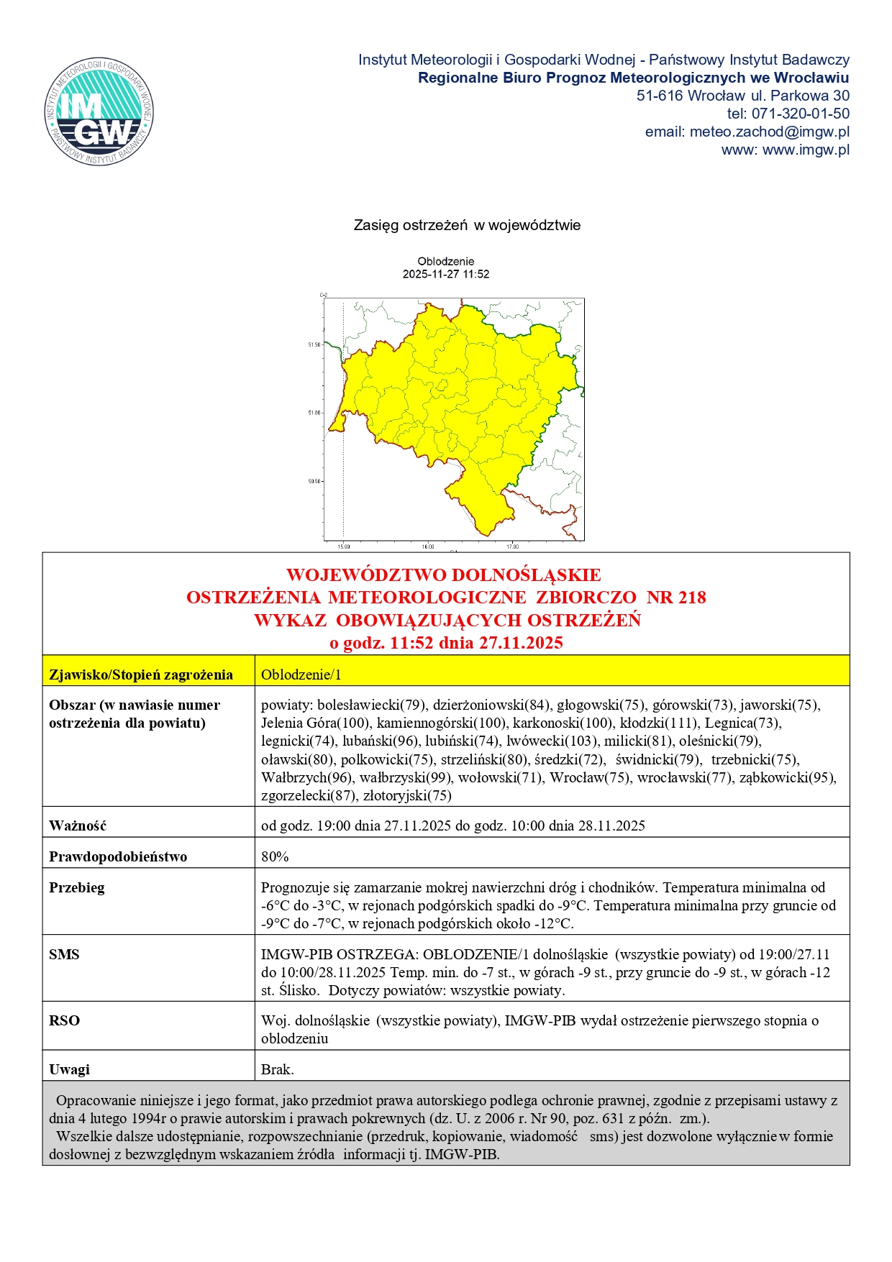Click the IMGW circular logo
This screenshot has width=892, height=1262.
click(99, 111)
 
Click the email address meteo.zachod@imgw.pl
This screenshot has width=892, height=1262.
click(769, 132)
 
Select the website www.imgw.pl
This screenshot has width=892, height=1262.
click(806, 150)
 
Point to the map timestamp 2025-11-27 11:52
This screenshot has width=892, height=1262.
click(445, 274)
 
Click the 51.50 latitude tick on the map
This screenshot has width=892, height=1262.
click(315, 345)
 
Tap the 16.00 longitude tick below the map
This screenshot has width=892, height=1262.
click(428, 547)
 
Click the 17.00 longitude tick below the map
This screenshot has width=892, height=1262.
click(512, 547)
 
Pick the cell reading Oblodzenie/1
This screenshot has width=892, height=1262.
click(301, 675)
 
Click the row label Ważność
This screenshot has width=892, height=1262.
click(78, 826)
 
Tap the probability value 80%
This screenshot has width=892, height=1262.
click(275, 856)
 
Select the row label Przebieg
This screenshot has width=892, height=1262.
click(77, 887)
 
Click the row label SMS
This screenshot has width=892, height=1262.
click(64, 954)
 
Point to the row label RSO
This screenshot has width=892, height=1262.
click(64, 1020)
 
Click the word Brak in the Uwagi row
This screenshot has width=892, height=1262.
click(276, 1069)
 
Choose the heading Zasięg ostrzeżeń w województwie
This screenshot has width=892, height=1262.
click(467, 225)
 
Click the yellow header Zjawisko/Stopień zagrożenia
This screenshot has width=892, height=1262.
click(141, 675)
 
